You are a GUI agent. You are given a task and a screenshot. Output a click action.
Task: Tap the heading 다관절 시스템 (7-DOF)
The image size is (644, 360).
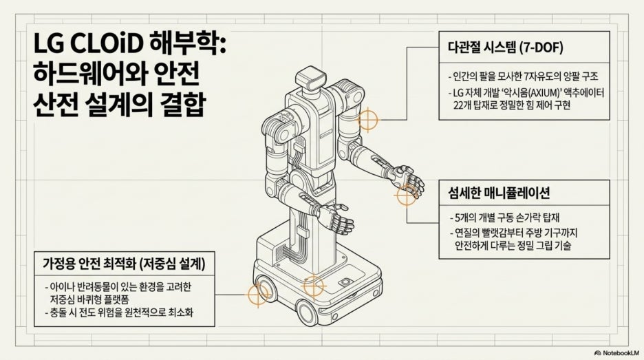click(505, 47)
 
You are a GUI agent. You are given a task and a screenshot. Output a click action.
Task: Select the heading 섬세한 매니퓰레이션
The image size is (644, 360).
click(499, 193)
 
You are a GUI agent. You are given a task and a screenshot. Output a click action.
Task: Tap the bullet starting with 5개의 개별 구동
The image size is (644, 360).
click(505, 218)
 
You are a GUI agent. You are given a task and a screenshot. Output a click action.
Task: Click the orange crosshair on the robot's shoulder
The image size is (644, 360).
click(368, 120)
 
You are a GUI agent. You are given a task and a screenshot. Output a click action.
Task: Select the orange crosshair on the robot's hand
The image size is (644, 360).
click(406, 195)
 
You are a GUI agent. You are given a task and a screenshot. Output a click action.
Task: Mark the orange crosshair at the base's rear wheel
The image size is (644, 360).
click(258, 295)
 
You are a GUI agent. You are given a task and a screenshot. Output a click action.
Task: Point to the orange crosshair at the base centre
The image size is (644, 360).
click(313, 286)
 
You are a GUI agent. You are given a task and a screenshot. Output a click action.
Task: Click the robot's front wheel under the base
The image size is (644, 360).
click(308, 313)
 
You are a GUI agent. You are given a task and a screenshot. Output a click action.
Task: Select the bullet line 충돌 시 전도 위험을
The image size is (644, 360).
click(119, 313)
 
